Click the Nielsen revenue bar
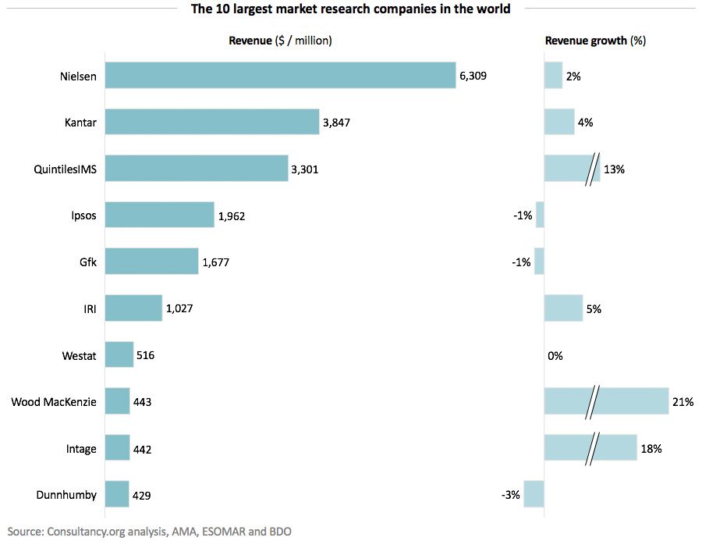[280, 76]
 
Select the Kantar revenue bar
[211, 122]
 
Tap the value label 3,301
[305, 169]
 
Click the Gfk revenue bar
[151, 262]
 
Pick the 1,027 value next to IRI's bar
[179, 309]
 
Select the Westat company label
[80, 356]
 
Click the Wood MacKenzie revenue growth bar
[606, 402]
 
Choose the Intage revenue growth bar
[590, 449]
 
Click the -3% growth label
[511, 495]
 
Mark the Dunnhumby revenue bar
[117, 495]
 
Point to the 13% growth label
[613, 169]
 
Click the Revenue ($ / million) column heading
[280, 41]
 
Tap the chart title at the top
[351, 9]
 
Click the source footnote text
[150, 531]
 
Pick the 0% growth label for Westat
[555, 356]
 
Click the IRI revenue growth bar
[563, 309]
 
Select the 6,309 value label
[475, 76]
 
